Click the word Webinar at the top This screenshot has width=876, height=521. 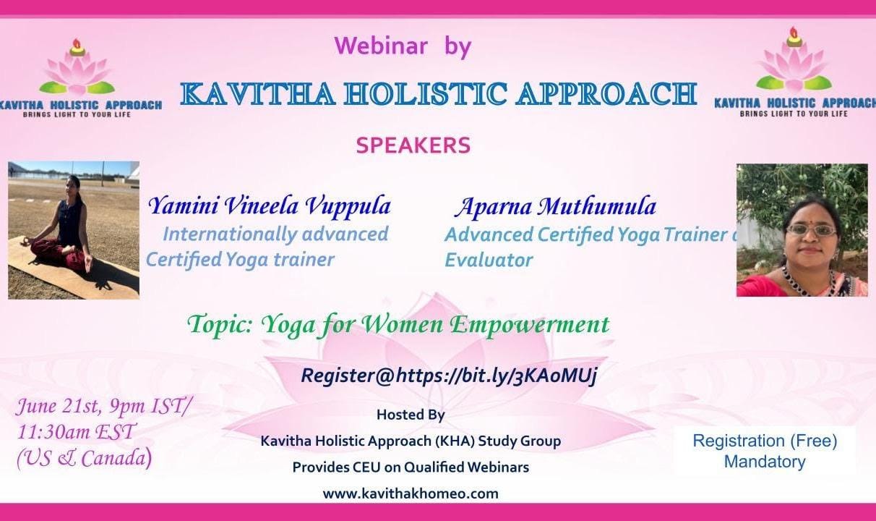pos(380,46)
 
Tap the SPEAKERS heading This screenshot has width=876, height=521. pos(413,145)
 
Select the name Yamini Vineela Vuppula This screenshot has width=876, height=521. pos(270,206)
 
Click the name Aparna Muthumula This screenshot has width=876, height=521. pos(556,206)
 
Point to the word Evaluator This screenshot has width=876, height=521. pos(489,260)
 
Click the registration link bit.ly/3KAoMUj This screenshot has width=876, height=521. pos(497,376)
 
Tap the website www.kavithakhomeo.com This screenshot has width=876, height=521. pos(411,494)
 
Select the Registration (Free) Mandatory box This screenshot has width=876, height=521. pos(765,451)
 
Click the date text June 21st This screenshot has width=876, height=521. pos(59,406)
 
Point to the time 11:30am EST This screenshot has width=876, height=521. pos(77,432)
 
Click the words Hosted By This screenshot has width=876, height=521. pos(411,415)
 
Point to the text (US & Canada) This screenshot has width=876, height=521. pos(84,457)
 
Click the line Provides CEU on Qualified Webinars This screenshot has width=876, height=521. pos(411,467)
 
